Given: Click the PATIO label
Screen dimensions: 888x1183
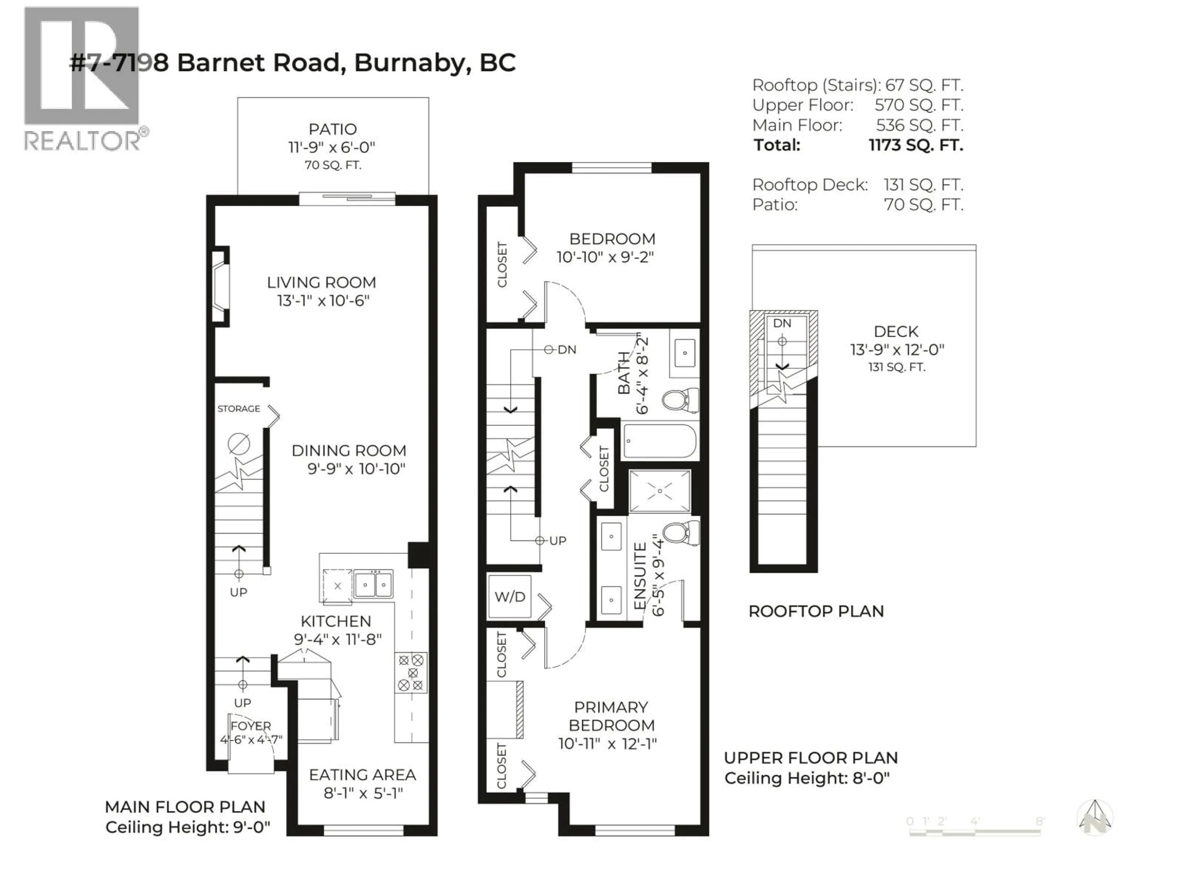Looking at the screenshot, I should coord(332,129).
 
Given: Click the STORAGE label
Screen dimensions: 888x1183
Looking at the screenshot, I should coord(238,409).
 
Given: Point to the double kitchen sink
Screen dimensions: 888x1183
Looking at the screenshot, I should coord(373,584).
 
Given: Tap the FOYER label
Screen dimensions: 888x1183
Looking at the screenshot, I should coord(251,726).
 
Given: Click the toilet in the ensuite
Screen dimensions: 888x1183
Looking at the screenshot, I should coord(680,533).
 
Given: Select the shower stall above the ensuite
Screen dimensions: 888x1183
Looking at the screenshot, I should coord(659,491).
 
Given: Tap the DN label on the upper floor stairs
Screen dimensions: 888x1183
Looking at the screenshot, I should coord(567,350).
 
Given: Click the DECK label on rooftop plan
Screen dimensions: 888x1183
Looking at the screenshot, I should coord(896,331).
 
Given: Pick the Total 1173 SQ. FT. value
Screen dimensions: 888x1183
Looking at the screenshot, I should coord(916,145).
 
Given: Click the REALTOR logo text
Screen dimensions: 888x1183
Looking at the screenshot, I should coord(82,141).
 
